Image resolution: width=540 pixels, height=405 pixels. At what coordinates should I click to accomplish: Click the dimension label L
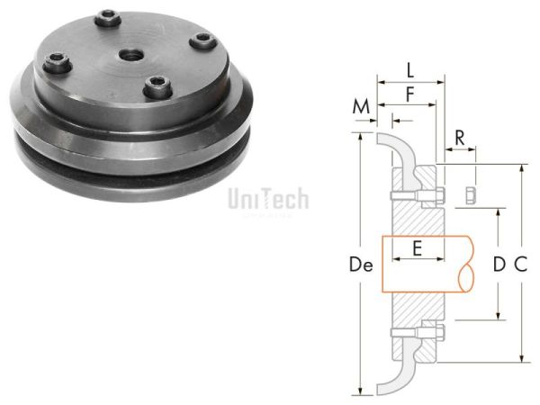[x=409, y=70]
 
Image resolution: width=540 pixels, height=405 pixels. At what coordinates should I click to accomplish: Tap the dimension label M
[x=362, y=107]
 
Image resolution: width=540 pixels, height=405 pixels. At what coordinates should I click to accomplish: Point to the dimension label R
[x=460, y=138]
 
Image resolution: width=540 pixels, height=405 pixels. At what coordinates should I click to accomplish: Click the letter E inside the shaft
[x=417, y=246]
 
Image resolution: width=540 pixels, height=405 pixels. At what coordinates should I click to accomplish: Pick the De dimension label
[x=360, y=265]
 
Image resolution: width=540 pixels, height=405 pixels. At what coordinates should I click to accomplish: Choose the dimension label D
[x=498, y=265]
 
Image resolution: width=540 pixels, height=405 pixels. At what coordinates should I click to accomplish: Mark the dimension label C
[x=520, y=265]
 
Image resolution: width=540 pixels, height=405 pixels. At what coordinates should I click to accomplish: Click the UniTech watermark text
[x=268, y=198]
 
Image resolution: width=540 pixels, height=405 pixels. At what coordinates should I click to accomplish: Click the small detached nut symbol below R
[x=470, y=195]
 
